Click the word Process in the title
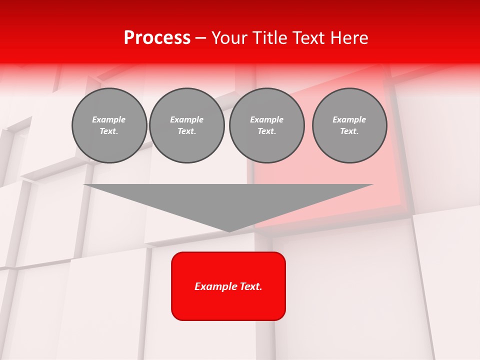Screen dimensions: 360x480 coord(157,38)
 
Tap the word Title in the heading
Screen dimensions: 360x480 coord(268,38)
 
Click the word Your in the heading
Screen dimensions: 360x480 coord(229,38)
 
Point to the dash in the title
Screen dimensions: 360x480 coord(201,38)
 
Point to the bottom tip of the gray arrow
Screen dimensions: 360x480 coord(228,231)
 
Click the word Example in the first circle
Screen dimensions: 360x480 coord(109,119)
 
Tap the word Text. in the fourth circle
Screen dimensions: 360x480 coord(349,131)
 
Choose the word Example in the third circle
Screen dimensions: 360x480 coord(266,119)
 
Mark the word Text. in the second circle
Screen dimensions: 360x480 coord(186,131)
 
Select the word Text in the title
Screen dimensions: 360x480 coord(309,38)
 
